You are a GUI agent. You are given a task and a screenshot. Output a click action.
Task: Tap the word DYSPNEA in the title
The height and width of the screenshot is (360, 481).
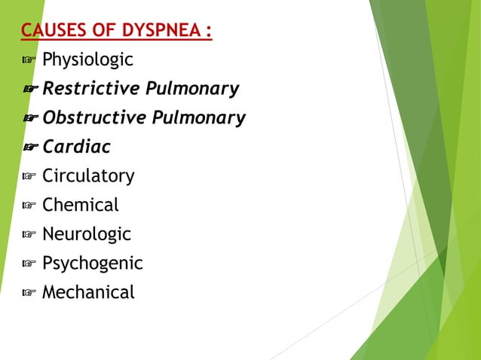[x=163, y=31]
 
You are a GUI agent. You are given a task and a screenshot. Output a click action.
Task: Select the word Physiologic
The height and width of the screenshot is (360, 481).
[x=87, y=59]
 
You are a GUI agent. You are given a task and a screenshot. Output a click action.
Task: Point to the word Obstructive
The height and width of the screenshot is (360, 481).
[x=94, y=118]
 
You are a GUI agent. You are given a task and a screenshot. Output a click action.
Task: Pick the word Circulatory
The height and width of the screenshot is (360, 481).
[x=88, y=176]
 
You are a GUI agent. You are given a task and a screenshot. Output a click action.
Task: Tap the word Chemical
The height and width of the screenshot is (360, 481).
[x=81, y=205]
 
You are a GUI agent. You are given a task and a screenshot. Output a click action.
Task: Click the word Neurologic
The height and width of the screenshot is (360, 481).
[x=87, y=234]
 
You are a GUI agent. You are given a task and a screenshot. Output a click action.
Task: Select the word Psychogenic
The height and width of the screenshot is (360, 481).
[x=92, y=264]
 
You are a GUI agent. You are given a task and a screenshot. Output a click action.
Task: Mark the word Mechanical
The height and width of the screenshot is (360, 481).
[x=88, y=292]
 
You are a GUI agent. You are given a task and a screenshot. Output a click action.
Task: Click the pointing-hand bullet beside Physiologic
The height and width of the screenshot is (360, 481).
[x=29, y=60]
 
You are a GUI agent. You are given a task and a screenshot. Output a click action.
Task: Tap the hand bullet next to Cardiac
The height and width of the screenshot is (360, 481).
[x=31, y=148]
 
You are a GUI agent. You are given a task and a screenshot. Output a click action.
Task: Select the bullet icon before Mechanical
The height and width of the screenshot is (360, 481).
[x=29, y=293]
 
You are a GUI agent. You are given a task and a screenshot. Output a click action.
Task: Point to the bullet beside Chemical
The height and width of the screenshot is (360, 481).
[x=29, y=206]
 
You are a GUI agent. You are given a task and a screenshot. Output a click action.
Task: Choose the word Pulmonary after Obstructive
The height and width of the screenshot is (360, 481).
[x=199, y=118]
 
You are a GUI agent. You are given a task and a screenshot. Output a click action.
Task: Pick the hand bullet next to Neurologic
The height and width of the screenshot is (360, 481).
[x=29, y=235]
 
